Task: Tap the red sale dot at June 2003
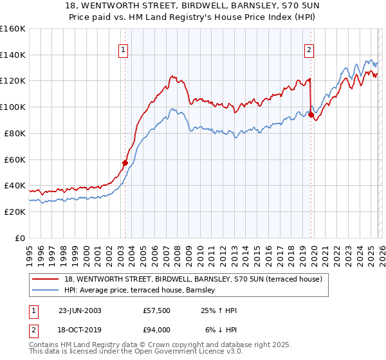point(125,163)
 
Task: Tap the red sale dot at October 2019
point(311,115)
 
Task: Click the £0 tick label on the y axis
point(20,238)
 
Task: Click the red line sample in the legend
point(46,278)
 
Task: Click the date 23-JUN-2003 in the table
point(80,310)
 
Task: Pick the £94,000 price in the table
point(157,330)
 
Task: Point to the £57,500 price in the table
point(157,310)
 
